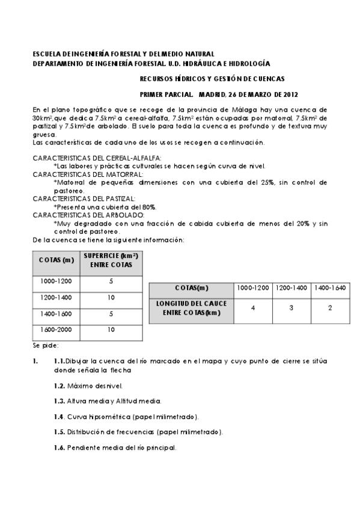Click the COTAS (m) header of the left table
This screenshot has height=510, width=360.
tap(56, 260)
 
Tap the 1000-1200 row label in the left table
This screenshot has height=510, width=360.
tap(56, 281)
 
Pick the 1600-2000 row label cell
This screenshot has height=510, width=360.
tap(56, 330)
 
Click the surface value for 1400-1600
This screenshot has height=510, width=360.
tap(111, 313)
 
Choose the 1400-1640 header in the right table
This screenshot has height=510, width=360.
tap(330, 287)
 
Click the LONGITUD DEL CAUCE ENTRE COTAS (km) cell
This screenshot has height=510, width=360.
tap(191, 308)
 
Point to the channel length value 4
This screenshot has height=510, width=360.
tap(253, 308)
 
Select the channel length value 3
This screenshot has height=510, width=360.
tap(291, 308)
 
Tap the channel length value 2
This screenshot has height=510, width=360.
tap(330, 308)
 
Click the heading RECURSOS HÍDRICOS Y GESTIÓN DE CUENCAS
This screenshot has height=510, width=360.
tap(212, 78)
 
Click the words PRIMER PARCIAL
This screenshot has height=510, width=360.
tap(166, 94)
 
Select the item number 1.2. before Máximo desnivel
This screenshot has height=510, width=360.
tap(59, 384)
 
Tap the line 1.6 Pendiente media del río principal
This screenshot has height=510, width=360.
tap(115, 448)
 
